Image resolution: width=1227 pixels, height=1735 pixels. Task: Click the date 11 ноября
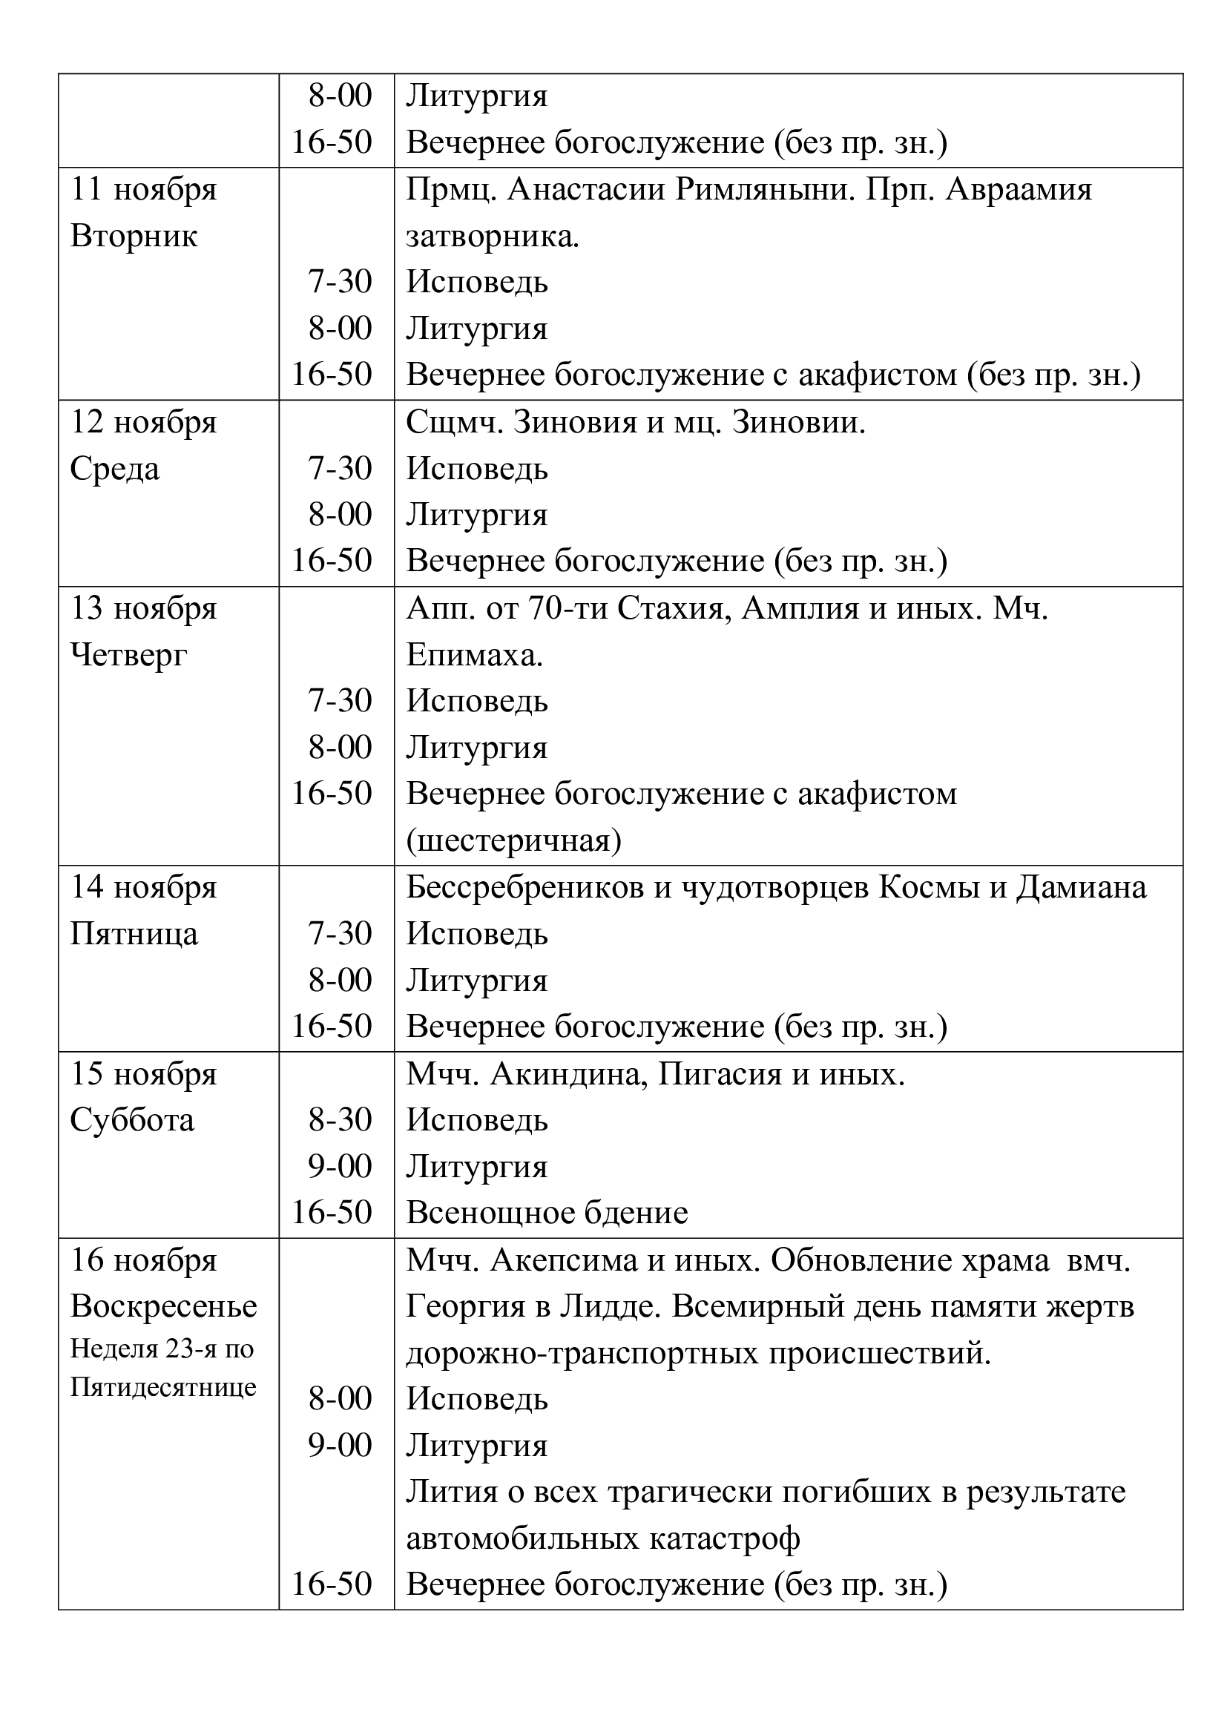(x=144, y=190)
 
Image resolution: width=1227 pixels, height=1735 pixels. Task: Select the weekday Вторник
(x=134, y=237)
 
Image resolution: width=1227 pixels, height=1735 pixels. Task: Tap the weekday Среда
(x=115, y=470)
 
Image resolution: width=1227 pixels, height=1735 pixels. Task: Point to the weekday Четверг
(x=128, y=655)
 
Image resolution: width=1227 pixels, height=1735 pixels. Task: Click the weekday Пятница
(x=134, y=935)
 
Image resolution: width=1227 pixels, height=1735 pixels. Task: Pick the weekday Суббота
(x=132, y=1121)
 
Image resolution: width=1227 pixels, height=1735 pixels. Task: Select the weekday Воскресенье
(x=163, y=1306)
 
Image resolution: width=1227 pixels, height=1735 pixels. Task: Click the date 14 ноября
(x=144, y=888)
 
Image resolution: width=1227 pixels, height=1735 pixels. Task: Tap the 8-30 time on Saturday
(x=340, y=1120)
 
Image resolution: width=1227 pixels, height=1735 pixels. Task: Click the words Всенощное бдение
(x=547, y=1214)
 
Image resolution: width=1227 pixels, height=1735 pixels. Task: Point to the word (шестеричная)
(x=514, y=841)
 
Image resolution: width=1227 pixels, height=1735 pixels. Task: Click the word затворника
(x=492, y=237)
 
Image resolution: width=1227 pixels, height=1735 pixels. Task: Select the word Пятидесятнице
(x=163, y=1387)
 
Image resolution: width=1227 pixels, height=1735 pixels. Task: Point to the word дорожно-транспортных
(x=582, y=1354)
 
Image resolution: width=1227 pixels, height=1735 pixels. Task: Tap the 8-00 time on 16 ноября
(x=340, y=1400)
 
